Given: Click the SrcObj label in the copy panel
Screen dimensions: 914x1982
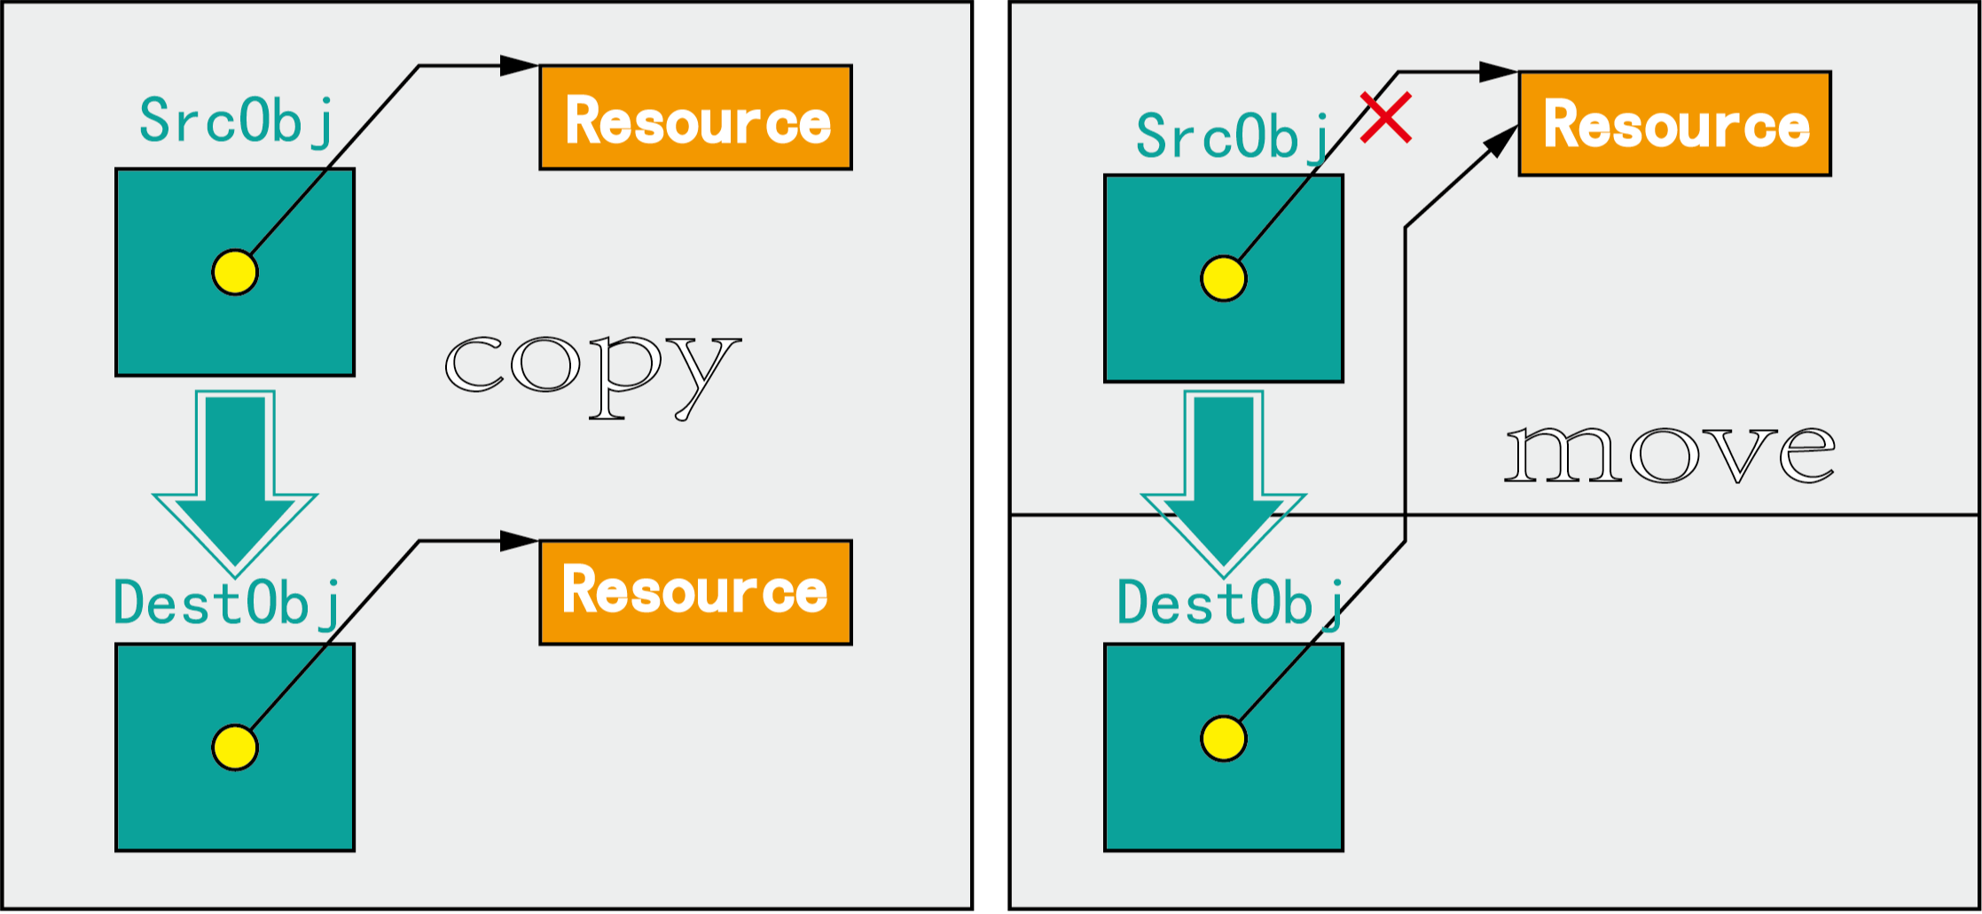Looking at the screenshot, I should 236,121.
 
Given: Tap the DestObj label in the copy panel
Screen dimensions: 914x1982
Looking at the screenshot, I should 227,603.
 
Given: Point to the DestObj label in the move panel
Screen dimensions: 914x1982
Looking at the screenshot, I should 1229,603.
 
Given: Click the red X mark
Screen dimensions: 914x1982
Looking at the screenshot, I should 1386,118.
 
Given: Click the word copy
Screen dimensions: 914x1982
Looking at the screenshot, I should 592,373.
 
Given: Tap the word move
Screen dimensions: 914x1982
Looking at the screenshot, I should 1670,454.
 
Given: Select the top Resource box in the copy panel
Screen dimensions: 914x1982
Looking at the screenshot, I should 696,117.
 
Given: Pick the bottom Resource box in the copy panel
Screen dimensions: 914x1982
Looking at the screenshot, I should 696,592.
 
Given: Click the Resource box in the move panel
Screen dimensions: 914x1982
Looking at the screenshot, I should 1674,123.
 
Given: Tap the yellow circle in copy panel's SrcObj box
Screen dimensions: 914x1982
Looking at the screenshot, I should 235,272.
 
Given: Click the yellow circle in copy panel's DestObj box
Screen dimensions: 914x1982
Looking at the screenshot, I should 235,747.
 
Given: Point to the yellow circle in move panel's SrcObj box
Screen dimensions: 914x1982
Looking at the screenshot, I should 1224,278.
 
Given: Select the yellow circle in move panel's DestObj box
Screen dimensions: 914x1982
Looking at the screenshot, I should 1224,738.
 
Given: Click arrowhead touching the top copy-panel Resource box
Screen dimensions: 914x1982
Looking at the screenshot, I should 520,66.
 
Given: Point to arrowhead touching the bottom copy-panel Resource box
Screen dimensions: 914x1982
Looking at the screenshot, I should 520,541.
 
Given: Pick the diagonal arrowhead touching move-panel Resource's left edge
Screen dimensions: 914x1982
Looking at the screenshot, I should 1502,141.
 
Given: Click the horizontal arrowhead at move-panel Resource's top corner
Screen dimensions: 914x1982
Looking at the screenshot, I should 1499,72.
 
